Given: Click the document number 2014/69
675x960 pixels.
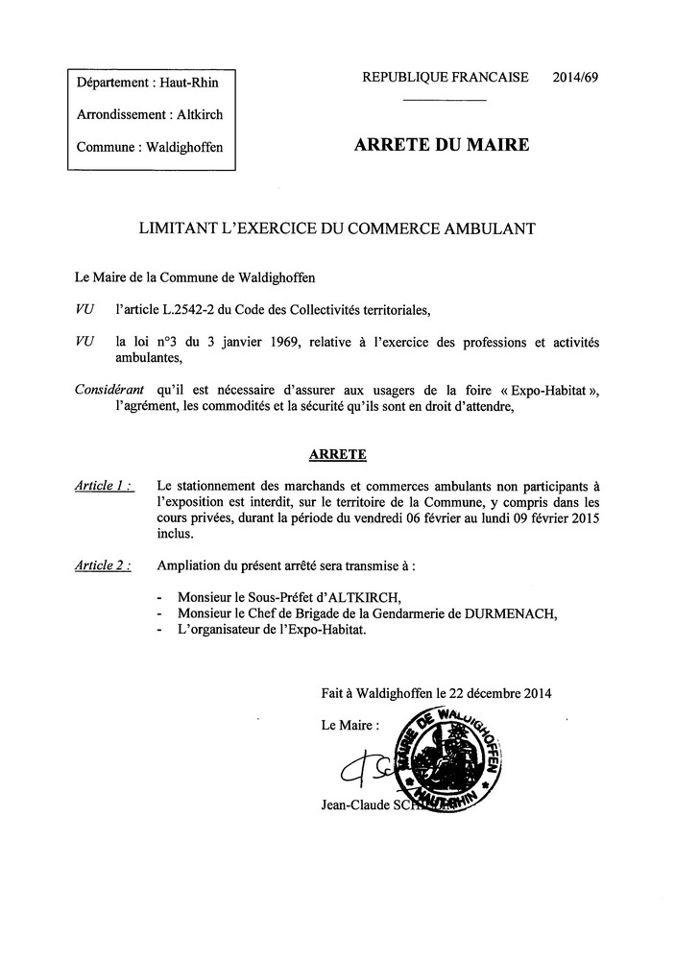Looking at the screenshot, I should [x=576, y=78].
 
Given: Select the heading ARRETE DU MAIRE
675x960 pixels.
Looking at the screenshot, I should [x=442, y=146].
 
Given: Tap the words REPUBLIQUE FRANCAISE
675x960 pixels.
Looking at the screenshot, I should [x=445, y=78].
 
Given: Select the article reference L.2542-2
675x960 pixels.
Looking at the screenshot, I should [x=194, y=309].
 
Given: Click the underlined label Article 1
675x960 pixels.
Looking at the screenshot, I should [x=103, y=486].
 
